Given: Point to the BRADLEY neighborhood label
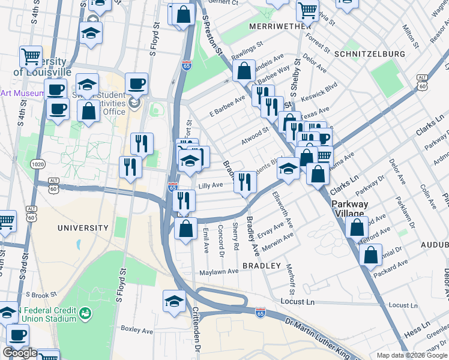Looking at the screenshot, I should click(262, 265).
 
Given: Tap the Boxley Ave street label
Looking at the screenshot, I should click(137, 329).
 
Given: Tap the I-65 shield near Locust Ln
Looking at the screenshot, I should click(260, 313).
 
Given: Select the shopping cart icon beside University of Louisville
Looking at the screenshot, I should click(31, 56).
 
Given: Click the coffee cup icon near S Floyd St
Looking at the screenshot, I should click(136, 83).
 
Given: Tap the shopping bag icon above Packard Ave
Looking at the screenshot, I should click(370, 254).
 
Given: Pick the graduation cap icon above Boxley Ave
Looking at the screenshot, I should click(174, 301).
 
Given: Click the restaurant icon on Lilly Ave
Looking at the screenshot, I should click(244, 181).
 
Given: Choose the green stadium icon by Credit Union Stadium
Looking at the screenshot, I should click(85, 313).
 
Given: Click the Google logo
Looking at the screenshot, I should click(20, 353).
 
